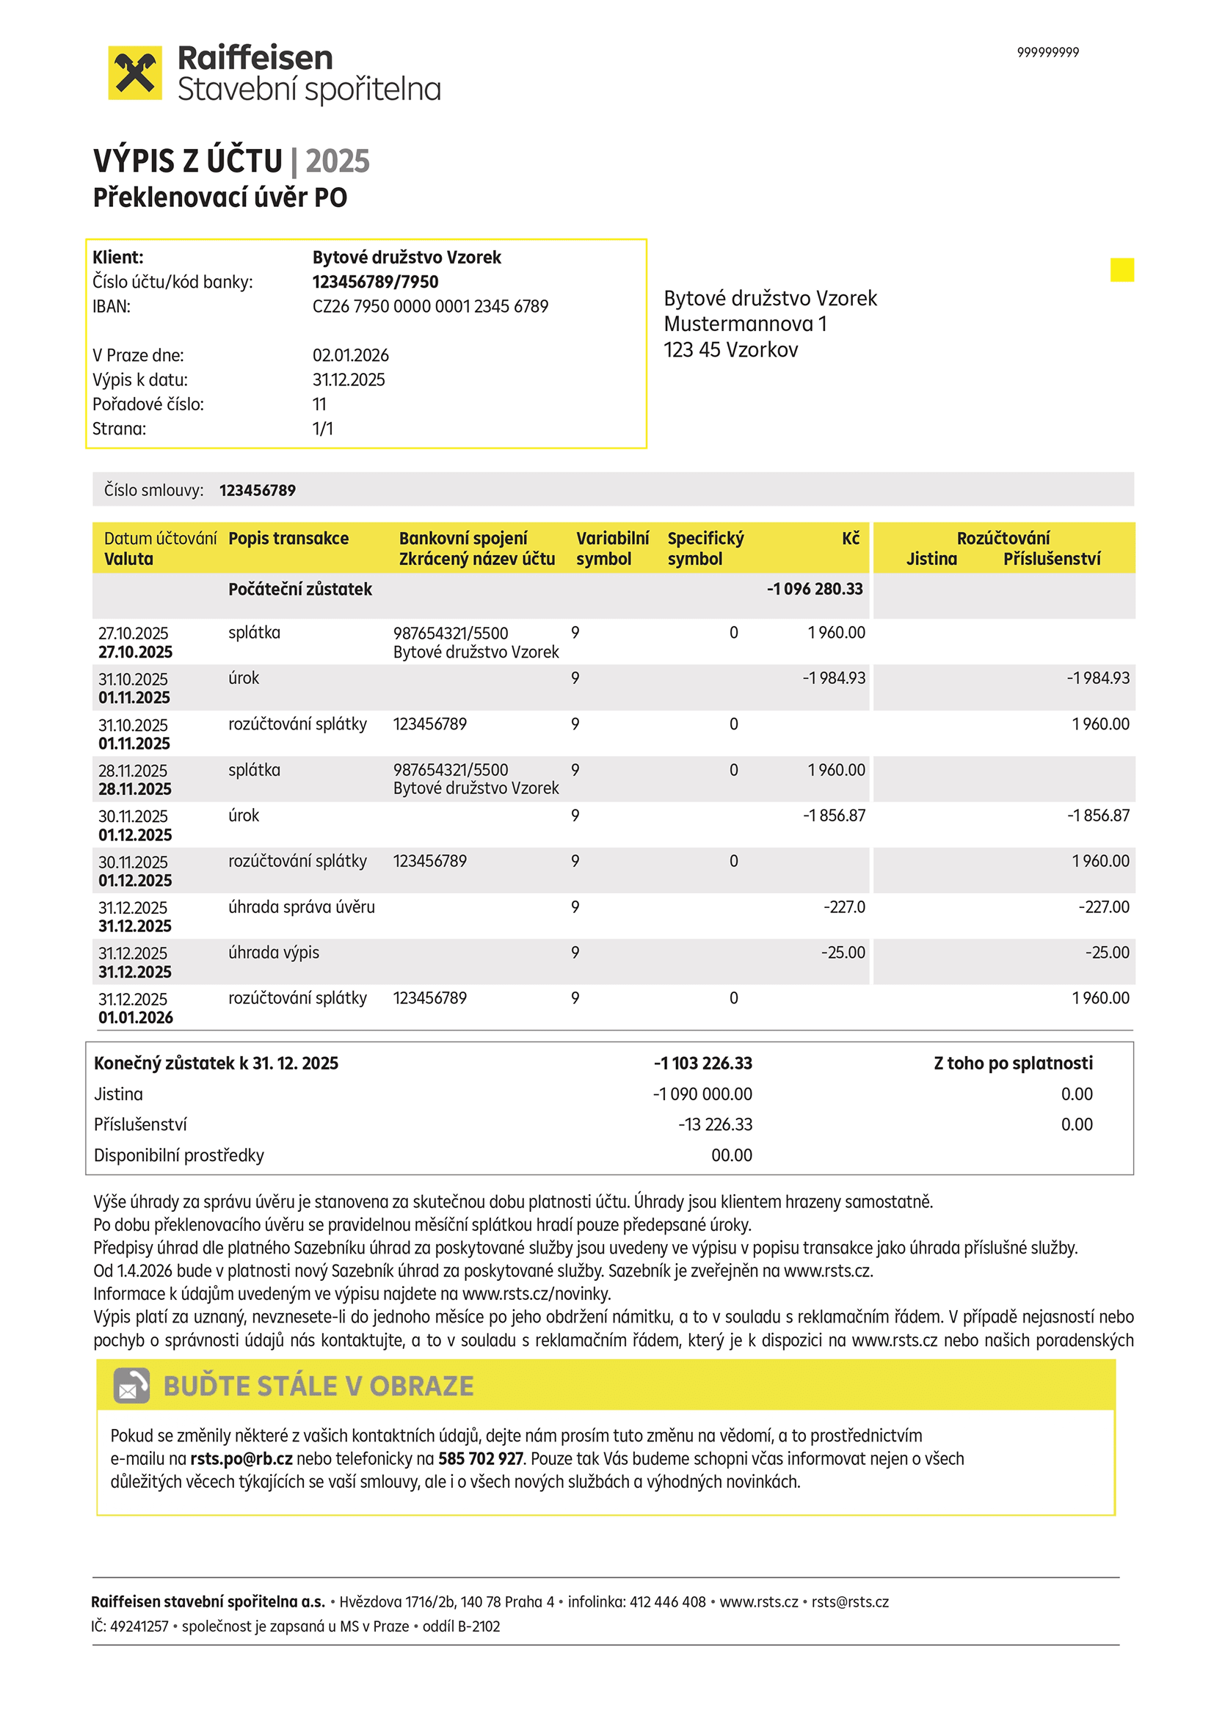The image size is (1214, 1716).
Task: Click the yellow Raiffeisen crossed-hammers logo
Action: click(x=134, y=73)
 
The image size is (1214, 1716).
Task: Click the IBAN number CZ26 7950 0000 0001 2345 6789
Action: click(x=430, y=307)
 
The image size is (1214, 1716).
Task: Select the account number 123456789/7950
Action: click(x=375, y=282)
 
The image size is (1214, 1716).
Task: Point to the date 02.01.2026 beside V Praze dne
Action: click(x=351, y=355)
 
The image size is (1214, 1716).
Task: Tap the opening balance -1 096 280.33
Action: click(x=814, y=589)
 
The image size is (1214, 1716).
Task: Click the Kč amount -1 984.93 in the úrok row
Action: click(x=834, y=678)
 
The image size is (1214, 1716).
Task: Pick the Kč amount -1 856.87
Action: click(x=834, y=815)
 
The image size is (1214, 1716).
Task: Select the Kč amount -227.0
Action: click(x=844, y=906)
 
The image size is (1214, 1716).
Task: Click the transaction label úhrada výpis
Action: click(x=274, y=952)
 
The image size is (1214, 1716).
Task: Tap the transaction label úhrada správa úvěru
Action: click(x=301, y=906)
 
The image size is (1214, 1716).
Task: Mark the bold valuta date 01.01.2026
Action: click(x=135, y=1017)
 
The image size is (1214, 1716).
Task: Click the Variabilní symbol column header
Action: click(x=612, y=548)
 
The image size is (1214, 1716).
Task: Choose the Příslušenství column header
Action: click(x=1051, y=559)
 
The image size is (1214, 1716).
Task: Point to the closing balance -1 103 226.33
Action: click(x=702, y=1063)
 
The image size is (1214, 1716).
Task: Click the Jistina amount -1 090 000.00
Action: click(x=702, y=1094)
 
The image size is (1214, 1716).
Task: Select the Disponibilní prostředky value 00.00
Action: click(x=731, y=1155)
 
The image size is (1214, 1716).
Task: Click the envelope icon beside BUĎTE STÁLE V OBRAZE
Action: click(x=131, y=1386)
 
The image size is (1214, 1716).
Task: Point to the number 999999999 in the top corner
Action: click(x=1047, y=52)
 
